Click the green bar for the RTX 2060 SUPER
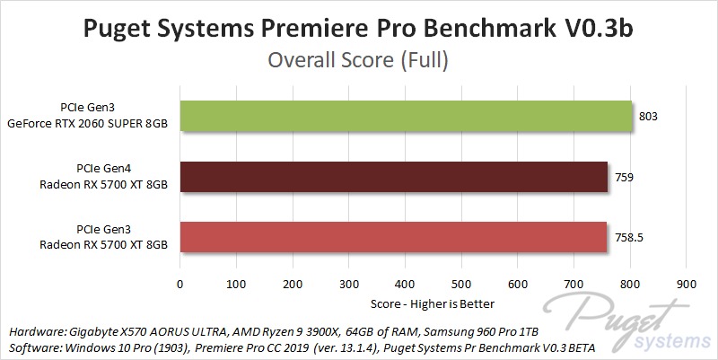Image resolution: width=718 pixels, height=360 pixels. tap(406, 117)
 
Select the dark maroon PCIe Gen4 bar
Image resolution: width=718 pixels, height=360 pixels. tap(394, 178)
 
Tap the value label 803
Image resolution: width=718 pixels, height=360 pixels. tap(649, 117)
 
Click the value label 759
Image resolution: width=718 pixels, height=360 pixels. tap(625, 178)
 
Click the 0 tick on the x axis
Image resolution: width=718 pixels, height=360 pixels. tap(180, 285)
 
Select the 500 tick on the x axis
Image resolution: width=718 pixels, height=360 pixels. tap(461, 285)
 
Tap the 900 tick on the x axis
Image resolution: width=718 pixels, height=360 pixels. tap(687, 285)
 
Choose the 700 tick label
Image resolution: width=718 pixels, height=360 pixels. tap(574, 285)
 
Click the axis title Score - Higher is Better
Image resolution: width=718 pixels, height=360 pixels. tap(434, 303)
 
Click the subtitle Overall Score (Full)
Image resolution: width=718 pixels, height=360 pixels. tap(359, 62)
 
